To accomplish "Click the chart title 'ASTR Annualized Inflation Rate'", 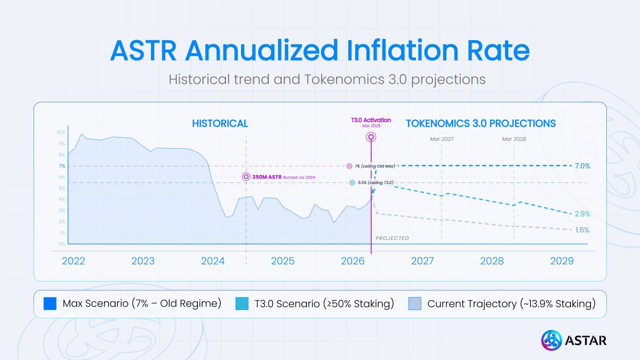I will (320, 50).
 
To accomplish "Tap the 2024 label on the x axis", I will (213, 261).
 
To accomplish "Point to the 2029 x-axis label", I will (562, 261).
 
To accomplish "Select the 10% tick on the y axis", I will (61, 133).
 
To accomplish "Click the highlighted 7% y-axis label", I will (62, 166).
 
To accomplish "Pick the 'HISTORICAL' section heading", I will (220, 123).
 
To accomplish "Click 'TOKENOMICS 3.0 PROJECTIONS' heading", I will (481, 123).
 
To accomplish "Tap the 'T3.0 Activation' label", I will (371, 120).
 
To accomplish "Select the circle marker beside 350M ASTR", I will (246, 177).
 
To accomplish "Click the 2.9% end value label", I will (582, 214).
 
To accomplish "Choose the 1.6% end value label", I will (582, 230).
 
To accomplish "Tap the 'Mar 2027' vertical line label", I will (442, 139).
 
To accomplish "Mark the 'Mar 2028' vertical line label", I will (514, 139).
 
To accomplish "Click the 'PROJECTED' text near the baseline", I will (392, 238).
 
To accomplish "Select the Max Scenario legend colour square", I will (50, 304).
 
